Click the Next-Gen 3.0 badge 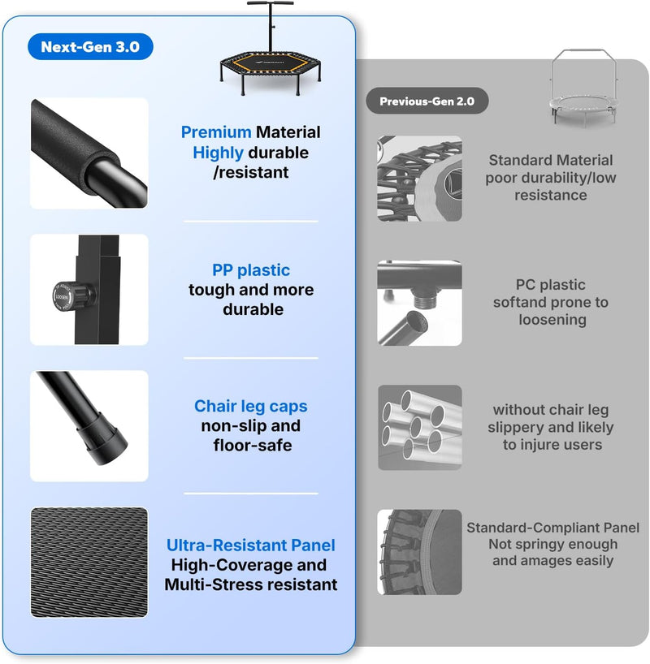(x=90, y=46)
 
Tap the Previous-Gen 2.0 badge (x=427, y=101)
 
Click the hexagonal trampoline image (x=271, y=49)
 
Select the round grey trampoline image (x=584, y=87)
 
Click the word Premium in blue (x=216, y=132)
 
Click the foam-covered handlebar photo (x=89, y=153)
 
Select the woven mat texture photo (x=89, y=563)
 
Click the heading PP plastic (x=251, y=270)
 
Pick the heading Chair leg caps (x=250, y=406)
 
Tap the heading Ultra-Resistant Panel (x=250, y=545)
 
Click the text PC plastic (x=550, y=285)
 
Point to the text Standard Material (x=551, y=160)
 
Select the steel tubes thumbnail (x=420, y=427)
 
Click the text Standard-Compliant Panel (x=552, y=528)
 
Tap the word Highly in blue (x=218, y=153)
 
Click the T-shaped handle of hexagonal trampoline (x=270, y=26)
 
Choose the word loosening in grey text (x=552, y=320)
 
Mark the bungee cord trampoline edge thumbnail (x=420, y=179)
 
